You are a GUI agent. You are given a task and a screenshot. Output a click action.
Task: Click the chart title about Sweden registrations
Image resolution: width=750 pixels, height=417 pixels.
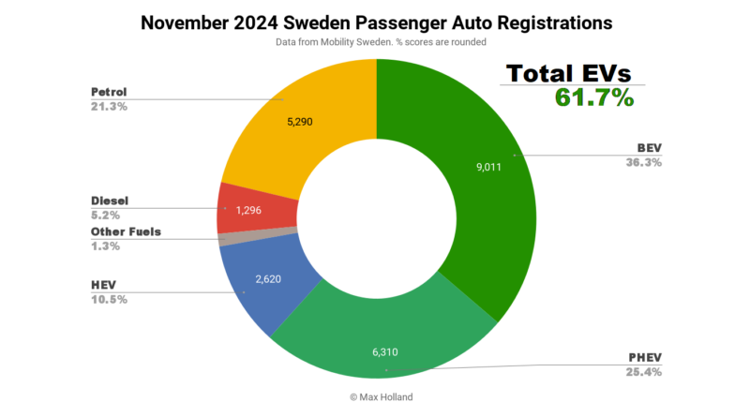pos(375,22)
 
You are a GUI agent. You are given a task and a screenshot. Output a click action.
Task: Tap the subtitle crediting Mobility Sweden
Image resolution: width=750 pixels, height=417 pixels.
pos(374,42)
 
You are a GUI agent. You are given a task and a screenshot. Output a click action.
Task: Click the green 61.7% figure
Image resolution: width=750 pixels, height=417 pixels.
pos(594,98)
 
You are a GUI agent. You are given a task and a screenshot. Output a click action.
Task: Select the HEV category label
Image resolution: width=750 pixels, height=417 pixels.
pos(105,285)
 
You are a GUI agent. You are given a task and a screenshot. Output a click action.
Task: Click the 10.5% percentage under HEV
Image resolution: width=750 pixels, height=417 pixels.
pos(109,299)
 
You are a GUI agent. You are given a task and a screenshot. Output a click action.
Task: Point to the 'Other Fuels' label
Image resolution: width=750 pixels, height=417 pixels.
pos(127,231)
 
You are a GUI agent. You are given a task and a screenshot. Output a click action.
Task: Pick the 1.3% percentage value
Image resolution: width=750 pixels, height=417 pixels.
pos(105,246)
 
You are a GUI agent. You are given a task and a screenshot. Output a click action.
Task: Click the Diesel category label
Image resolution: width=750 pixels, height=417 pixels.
pos(110,201)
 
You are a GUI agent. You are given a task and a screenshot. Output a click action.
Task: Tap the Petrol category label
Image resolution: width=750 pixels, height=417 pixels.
pos(109,93)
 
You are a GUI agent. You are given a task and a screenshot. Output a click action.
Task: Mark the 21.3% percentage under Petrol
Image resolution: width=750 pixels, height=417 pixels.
pos(109,107)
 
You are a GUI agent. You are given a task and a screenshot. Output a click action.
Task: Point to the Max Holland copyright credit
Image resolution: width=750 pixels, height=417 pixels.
pos(375,397)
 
